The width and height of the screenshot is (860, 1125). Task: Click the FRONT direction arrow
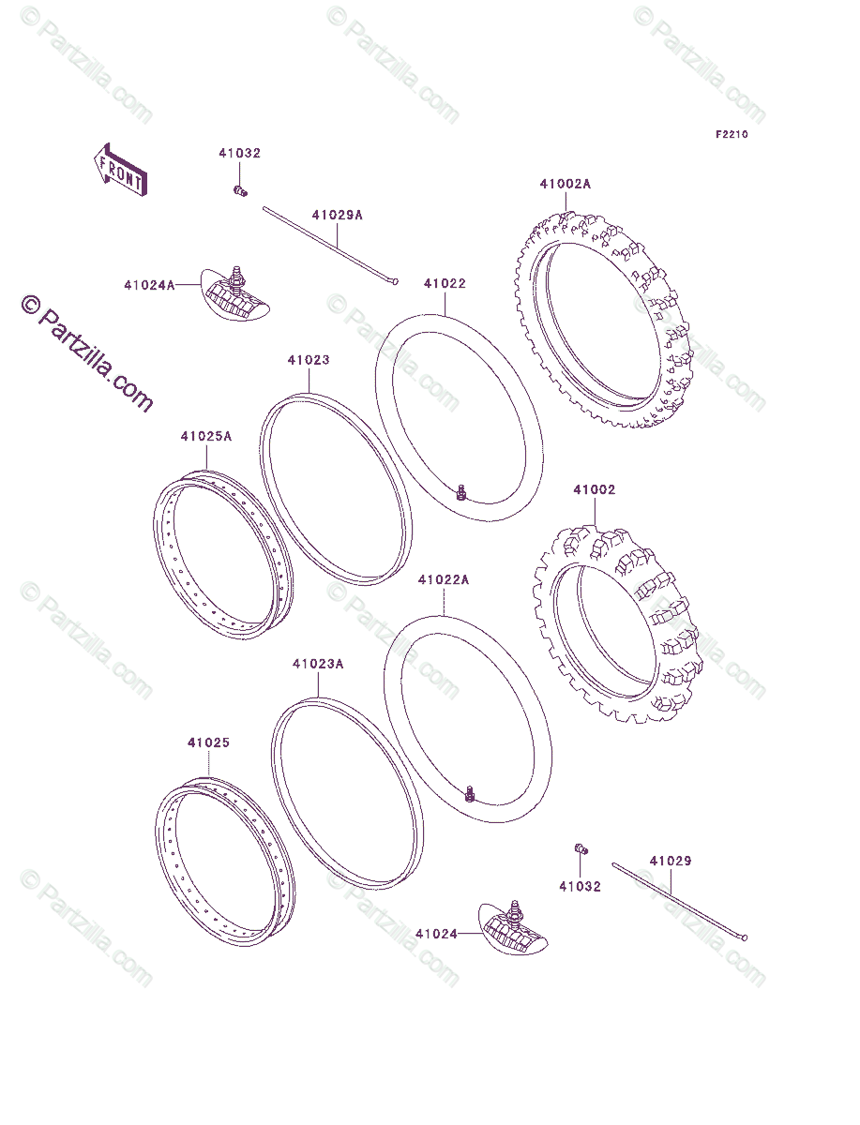118,169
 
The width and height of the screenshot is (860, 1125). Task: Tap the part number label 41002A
565,185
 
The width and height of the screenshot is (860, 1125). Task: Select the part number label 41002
595,490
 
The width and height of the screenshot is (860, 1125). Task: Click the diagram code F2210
732,135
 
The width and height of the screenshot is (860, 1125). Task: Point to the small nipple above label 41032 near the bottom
581,849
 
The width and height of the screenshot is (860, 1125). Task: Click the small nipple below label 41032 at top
239,191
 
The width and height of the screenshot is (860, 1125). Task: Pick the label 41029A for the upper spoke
337,216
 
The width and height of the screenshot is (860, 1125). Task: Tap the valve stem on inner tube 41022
460,491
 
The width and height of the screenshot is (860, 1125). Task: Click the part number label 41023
309,360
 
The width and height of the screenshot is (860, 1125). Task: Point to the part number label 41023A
318,664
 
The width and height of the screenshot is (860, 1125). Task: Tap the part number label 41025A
206,436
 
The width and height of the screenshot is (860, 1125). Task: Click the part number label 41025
208,743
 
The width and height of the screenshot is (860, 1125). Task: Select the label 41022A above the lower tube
444,580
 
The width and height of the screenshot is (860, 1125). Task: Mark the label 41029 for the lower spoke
671,860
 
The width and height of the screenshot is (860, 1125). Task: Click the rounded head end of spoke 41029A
396,280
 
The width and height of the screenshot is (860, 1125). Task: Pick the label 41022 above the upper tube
445,283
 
